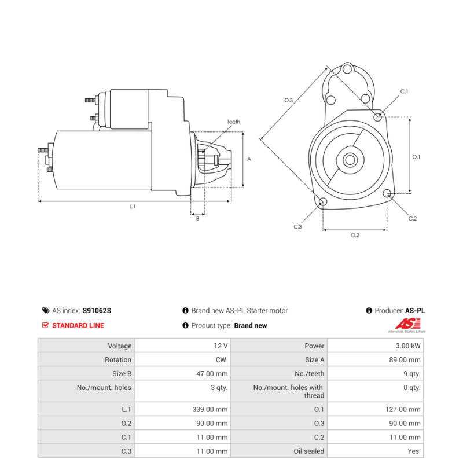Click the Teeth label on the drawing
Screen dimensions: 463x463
click(233, 122)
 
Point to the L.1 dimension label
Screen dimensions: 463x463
click(133, 207)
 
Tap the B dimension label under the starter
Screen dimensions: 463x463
click(197, 219)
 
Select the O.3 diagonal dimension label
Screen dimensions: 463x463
click(288, 100)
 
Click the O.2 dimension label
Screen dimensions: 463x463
click(355, 235)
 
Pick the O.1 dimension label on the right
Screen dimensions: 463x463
click(416, 157)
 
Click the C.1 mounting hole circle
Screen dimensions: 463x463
click(377, 117)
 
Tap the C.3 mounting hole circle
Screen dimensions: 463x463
click(323, 201)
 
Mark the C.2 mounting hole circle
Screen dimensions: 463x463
click(387, 194)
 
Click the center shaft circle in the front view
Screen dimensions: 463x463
click(350, 160)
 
